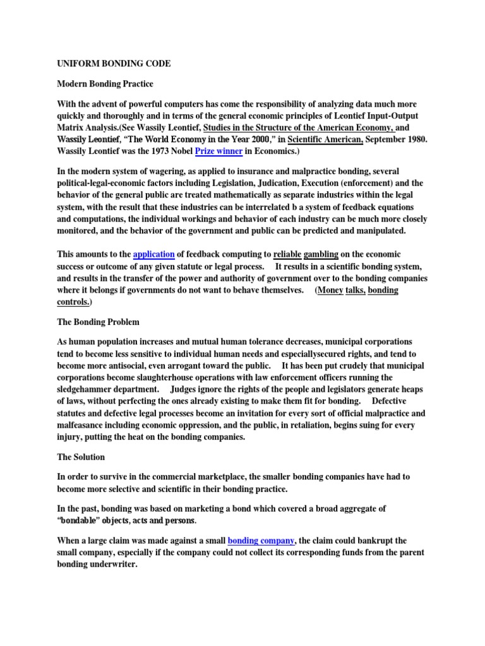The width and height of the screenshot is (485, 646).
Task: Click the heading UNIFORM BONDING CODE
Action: click(114, 64)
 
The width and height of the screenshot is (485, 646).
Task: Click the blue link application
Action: click(154, 254)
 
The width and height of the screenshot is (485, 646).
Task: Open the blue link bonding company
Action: click(261, 541)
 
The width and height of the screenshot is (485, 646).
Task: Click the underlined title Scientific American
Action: click(325, 139)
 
